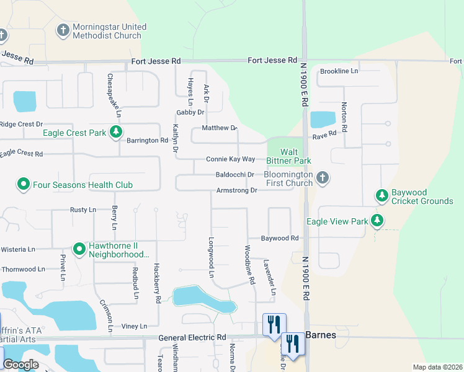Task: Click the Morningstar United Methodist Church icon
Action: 63,30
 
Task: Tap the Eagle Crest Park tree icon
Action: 115,131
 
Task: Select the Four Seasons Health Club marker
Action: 24,184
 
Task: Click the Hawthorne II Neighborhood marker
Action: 79,249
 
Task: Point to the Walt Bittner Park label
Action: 295,156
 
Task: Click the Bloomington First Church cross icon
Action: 322,178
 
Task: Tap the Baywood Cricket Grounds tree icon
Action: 382,196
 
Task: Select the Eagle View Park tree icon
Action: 377,221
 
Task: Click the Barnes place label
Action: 321,335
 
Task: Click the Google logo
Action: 20,365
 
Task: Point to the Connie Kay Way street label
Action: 231,159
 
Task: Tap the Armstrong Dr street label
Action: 236,190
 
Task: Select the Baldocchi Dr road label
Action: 234,175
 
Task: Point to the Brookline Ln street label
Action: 339,71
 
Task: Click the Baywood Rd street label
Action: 279,238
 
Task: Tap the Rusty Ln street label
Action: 83,210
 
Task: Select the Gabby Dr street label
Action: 190,112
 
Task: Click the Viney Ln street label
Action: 134,326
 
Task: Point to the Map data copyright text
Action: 437,367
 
